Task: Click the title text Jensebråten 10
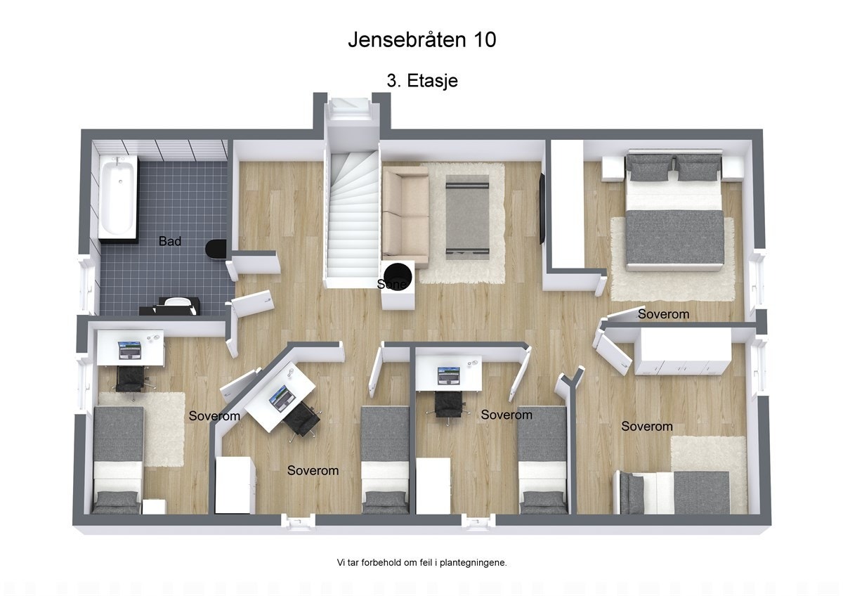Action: click(x=421, y=40)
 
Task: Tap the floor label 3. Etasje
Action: click(x=422, y=81)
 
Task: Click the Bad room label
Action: click(x=170, y=241)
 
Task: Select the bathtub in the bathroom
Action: click(x=117, y=196)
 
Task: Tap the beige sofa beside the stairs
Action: click(x=405, y=212)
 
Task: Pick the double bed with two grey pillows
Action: click(x=674, y=213)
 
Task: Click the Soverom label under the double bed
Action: click(x=663, y=314)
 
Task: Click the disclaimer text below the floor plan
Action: click(x=421, y=562)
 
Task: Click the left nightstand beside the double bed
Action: click(x=613, y=168)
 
